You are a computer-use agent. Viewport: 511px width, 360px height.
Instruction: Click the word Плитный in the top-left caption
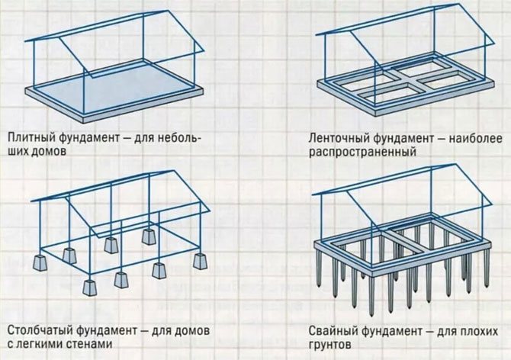coord(31,139)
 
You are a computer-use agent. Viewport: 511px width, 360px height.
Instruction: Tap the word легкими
coord(40,343)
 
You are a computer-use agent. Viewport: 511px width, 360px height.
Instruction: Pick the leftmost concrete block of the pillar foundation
coord(39,264)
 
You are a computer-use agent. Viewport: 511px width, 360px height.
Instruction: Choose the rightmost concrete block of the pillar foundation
coord(201,260)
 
